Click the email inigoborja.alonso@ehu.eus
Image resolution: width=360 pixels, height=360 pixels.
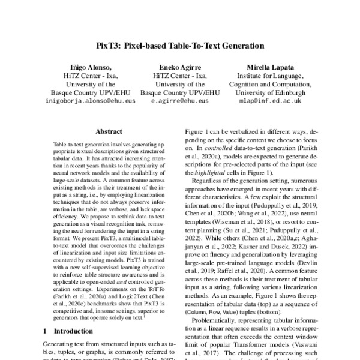point(90,102)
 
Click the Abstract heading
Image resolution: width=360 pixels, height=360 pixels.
point(112,130)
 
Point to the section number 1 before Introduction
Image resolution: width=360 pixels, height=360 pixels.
point(45,331)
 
